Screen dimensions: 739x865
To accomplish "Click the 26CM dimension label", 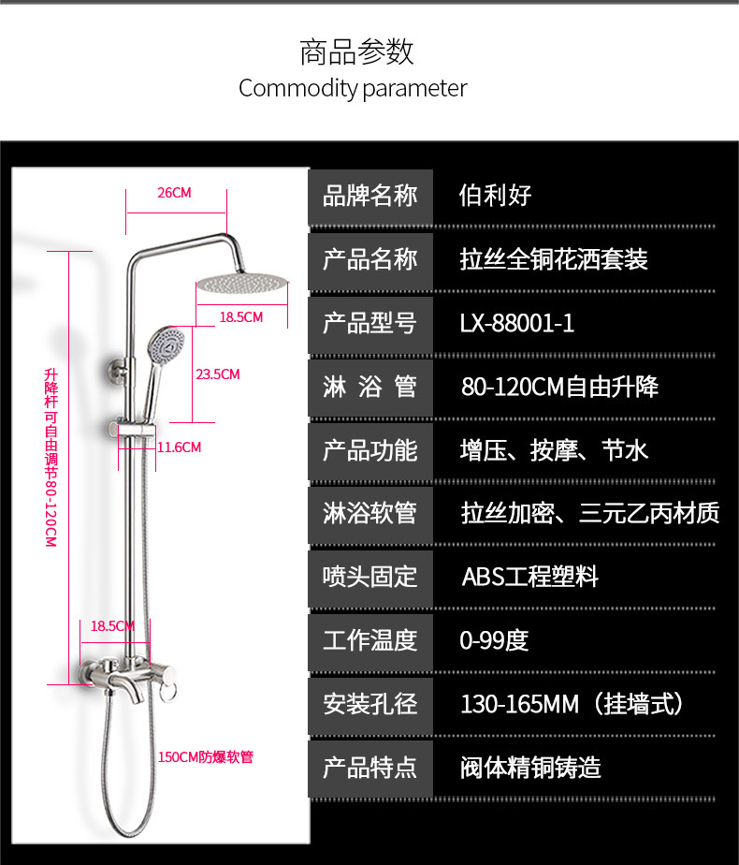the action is pos(174,193).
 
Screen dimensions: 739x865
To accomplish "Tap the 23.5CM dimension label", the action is pos(218,374).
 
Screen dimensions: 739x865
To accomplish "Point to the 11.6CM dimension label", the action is pos(179,447).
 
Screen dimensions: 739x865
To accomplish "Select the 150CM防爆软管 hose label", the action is pos(206,756).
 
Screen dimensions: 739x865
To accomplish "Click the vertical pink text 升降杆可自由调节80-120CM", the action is pos(51,458).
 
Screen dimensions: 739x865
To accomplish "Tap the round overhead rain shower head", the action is pos(242,284).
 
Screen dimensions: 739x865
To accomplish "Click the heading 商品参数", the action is pos(356,52).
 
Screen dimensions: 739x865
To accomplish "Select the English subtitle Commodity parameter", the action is pos(353,88).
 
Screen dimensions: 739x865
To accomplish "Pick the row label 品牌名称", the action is pos(369,196).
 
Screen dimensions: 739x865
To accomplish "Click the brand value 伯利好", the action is pos(495,196).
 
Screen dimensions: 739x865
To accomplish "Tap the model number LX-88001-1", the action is pos(517,323).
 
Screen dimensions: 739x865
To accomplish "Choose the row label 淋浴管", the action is pos(369,387).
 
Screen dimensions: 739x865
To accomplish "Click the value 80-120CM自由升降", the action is pos(559,387).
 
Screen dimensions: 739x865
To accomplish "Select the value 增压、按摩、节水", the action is pos(554,450).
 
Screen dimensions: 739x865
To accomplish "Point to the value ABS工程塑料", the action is pos(530,577).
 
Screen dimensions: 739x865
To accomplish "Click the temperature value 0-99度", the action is pos(494,640).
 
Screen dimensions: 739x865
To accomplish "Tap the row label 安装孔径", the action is pos(369,704).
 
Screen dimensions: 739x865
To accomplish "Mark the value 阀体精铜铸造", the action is pos(530,768).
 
